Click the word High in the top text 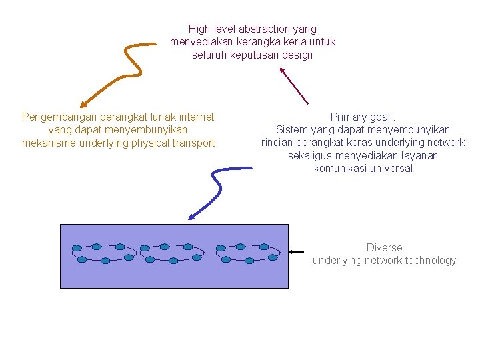tap(199, 29)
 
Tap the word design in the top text tap(297, 55)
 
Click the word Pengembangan tap(55, 117)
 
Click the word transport tap(193, 143)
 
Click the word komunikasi tap(339, 168)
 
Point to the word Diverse tap(384, 247)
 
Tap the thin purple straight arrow tap(293, 85)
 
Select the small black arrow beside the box tap(298, 252)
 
